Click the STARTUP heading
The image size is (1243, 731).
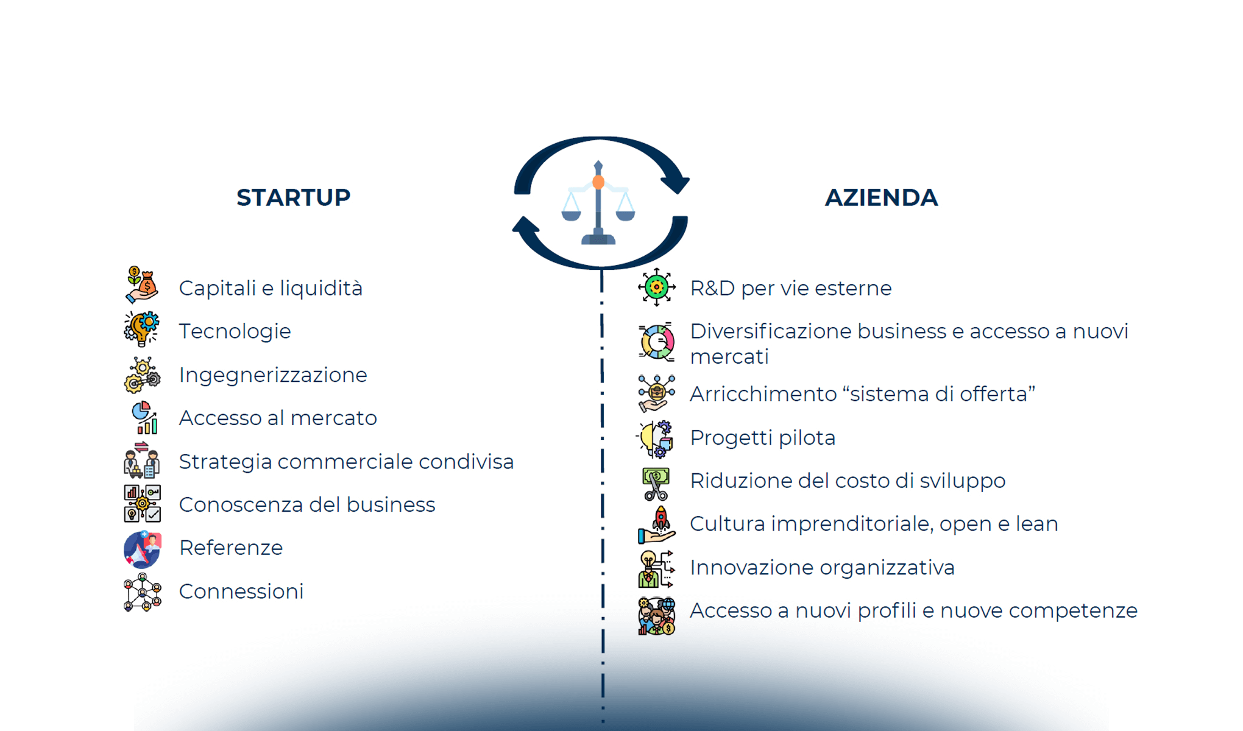293,197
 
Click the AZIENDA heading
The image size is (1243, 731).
881,197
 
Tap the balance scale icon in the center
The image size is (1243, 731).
598,203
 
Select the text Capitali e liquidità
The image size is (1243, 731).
271,288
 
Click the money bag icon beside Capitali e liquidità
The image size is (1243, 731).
142,284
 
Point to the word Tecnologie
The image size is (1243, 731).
235,331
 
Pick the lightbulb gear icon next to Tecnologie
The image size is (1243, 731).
142,329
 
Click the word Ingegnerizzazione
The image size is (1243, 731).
273,375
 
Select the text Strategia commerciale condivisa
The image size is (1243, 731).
346,462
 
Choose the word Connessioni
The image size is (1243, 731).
241,592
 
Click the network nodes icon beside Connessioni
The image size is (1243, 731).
143,592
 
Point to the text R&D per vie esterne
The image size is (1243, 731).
790,288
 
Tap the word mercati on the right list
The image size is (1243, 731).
729,356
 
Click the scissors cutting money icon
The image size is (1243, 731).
656,484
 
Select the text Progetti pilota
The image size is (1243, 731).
762,438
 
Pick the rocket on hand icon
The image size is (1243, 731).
657,525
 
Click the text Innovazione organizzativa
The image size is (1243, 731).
822,568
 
